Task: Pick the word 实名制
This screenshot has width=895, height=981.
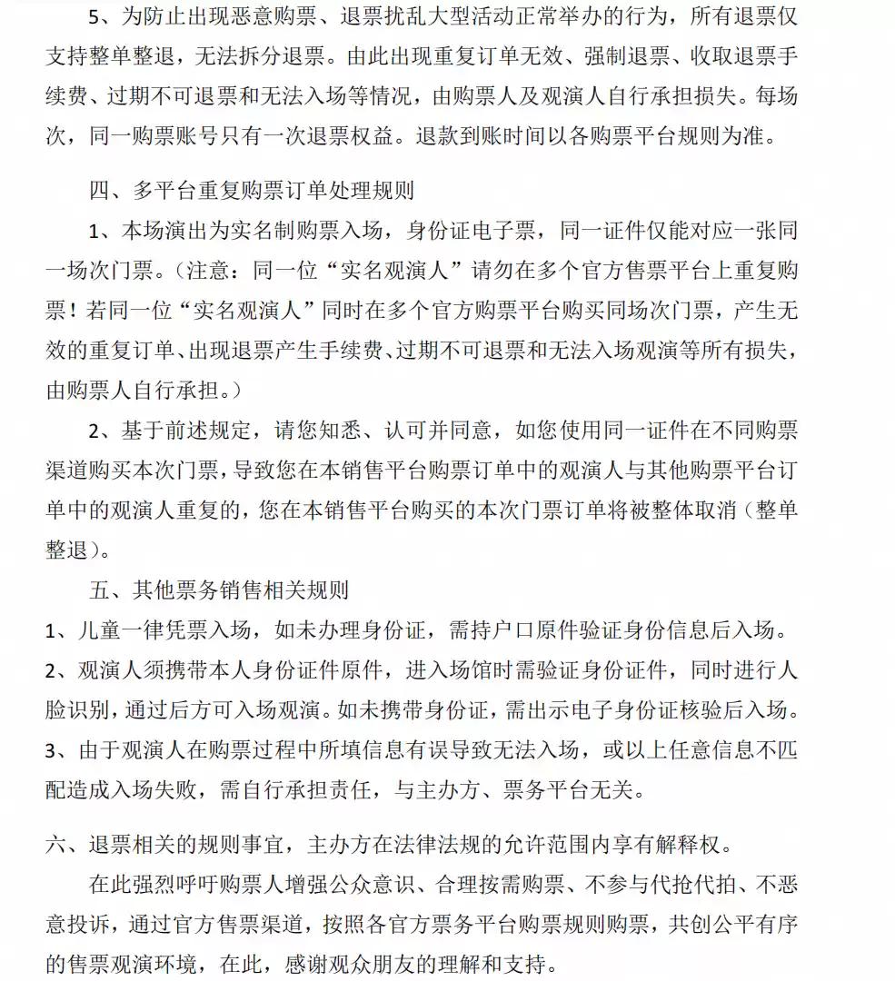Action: pyautogui.click(x=283, y=232)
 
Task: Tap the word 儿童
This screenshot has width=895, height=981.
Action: pyautogui.click(x=94, y=629)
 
